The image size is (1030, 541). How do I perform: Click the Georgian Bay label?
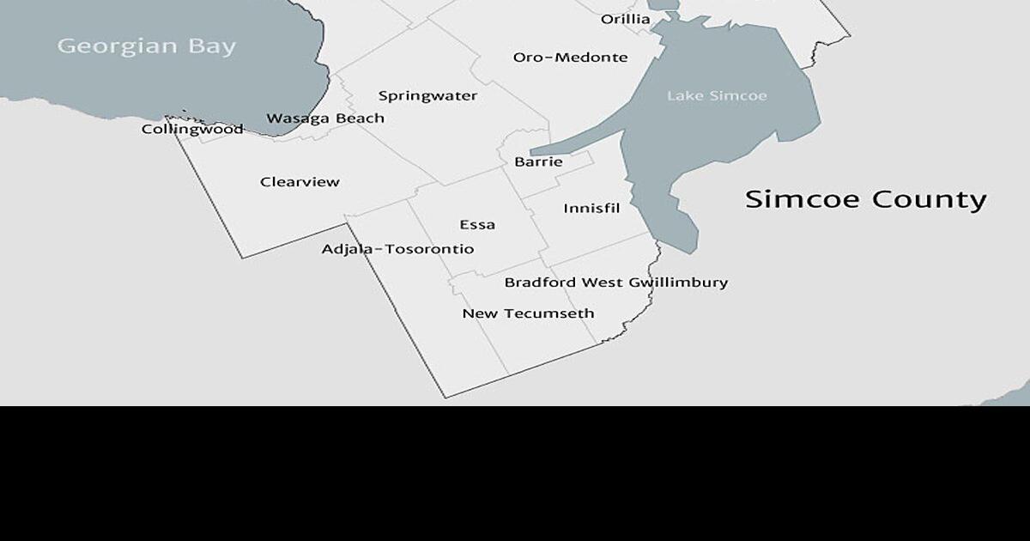tap(146, 46)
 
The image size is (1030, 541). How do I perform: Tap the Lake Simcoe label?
tap(717, 95)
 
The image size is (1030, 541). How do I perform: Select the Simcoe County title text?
tap(865, 199)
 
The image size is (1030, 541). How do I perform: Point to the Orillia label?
tap(625, 19)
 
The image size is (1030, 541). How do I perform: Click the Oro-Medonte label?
tap(570, 58)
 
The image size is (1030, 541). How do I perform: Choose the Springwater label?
tap(427, 96)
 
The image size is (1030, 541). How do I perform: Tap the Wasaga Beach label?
tap(325, 119)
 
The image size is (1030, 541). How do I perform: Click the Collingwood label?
tap(192, 130)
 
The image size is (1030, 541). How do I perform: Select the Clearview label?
tap(300, 182)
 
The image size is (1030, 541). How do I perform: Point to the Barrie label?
tap(538, 161)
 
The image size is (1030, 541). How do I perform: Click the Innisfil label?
tap(591, 209)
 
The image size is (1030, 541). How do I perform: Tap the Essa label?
tap(477, 225)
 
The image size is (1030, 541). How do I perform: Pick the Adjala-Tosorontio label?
tap(397, 250)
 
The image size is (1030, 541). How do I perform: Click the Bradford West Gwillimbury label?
tap(615, 283)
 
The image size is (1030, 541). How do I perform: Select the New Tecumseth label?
tap(528, 313)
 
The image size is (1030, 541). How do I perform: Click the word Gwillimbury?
tap(678, 283)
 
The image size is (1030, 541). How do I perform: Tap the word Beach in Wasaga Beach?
tap(360, 119)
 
